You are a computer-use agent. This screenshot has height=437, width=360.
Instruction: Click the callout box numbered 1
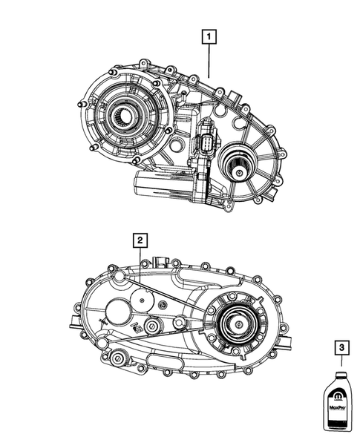(211, 35)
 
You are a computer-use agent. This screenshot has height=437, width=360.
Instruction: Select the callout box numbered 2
(139, 240)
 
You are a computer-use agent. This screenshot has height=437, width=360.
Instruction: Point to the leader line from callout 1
(211, 59)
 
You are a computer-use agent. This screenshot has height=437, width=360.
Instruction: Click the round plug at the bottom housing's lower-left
(117, 359)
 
